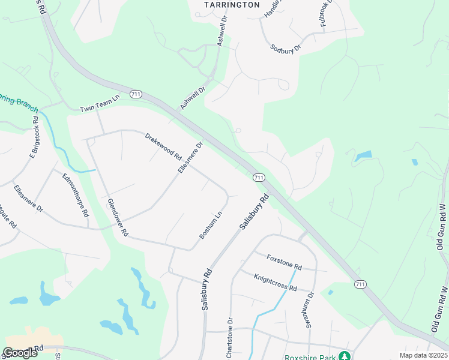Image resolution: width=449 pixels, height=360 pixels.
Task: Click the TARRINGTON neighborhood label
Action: point(232,5)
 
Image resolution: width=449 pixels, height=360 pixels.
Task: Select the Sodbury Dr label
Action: point(285,48)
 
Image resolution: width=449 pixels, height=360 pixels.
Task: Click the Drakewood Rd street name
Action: point(163,146)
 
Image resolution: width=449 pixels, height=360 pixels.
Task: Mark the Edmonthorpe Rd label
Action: point(76,195)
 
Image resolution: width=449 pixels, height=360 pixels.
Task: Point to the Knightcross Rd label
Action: point(276,280)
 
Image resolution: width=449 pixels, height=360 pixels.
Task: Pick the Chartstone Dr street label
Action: point(229,336)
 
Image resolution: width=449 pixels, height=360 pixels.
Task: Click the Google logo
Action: point(20,353)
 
